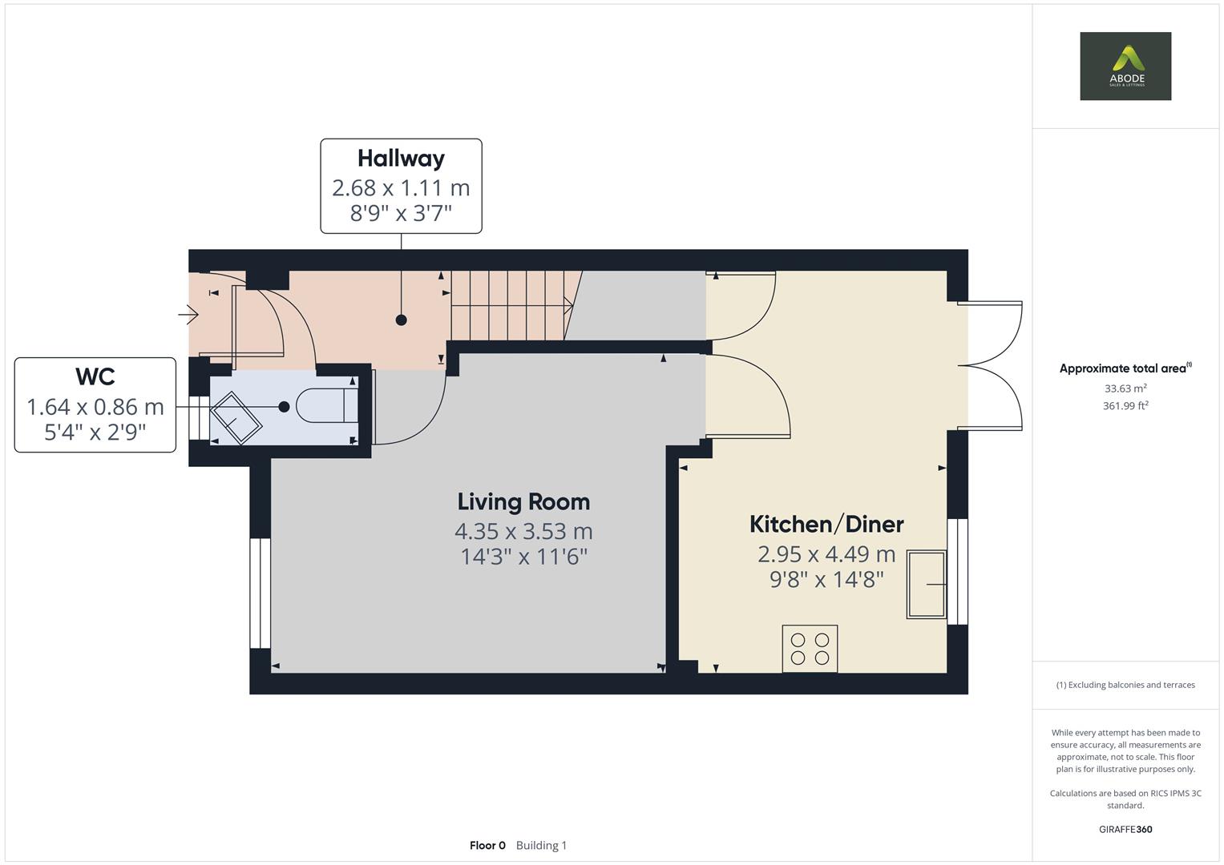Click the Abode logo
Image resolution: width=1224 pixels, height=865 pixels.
(1125, 66)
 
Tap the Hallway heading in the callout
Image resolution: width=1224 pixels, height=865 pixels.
(401, 159)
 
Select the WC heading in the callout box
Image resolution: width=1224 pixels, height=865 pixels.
(95, 376)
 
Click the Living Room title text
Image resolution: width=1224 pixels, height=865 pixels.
(523, 502)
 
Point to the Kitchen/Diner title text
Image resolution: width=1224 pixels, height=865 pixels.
(826, 525)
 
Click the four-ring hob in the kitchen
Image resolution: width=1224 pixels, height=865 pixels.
(810, 649)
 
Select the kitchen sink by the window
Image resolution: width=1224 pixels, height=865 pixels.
(926, 584)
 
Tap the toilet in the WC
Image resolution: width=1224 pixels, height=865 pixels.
(327, 406)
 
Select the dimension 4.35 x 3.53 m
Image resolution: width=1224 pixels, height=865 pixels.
(523, 531)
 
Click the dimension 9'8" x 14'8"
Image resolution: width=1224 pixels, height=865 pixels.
(826, 579)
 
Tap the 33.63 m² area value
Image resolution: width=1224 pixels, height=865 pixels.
(1125, 388)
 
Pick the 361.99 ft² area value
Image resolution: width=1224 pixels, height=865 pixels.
(1125, 406)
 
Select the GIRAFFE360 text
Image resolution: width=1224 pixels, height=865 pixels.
(1125, 829)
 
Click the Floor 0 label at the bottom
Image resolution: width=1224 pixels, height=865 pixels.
(487, 845)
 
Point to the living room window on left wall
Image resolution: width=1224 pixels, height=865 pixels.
(260, 593)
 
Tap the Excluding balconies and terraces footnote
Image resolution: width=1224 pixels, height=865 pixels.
(1125, 685)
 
